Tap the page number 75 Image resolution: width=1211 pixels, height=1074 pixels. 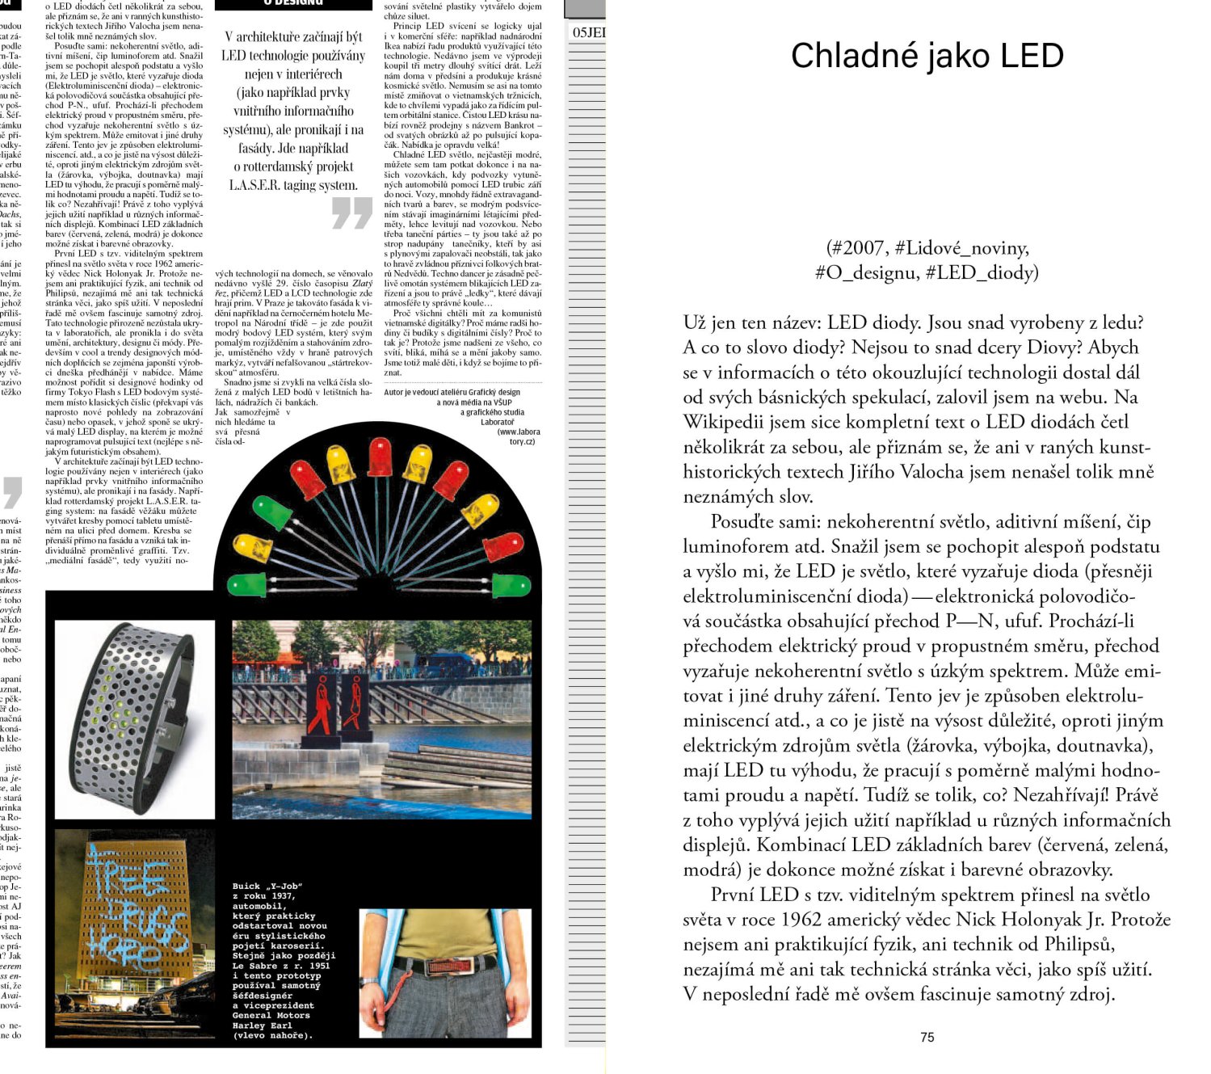(x=927, y=1037)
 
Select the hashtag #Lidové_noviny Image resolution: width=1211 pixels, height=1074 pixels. (x=961, y=247)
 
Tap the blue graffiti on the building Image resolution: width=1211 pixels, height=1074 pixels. (x=135, y=913)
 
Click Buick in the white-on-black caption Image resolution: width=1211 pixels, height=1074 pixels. (x=247, y=887)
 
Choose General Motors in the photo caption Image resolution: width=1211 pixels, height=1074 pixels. (x=271, y=1016)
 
